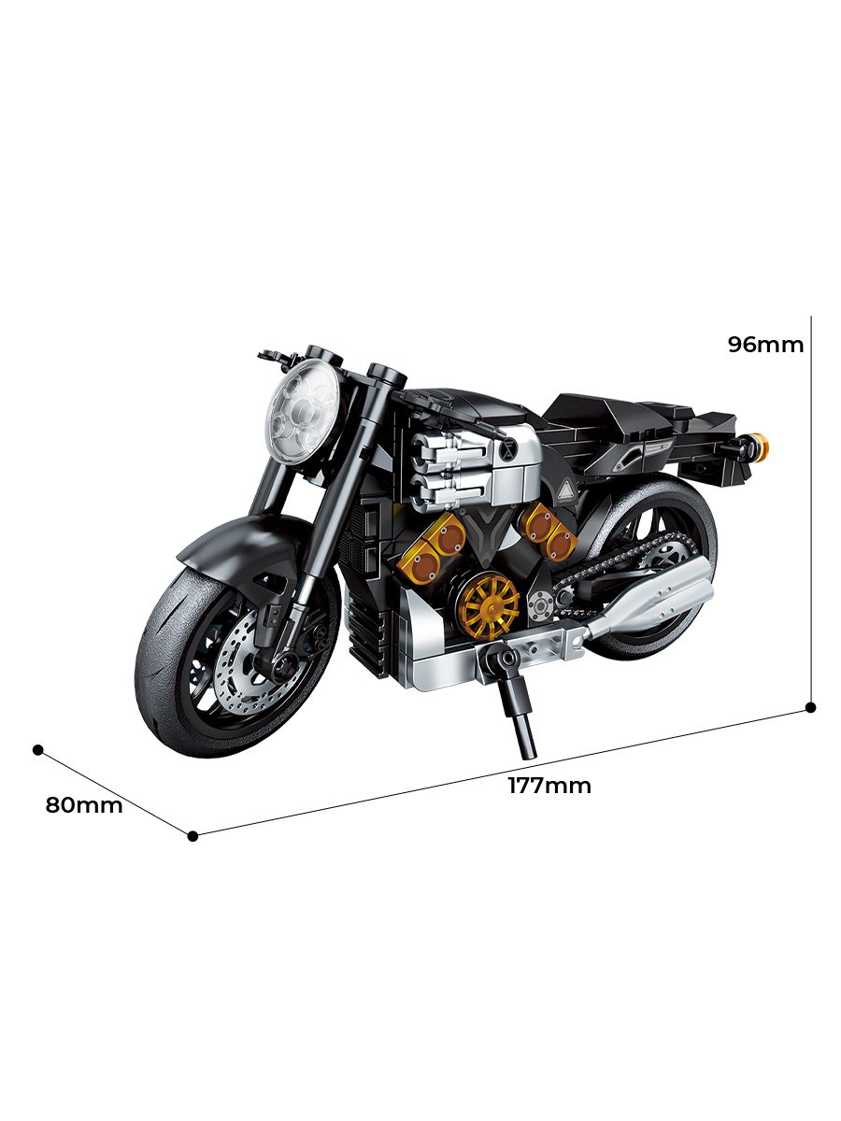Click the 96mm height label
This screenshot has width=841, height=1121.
pyautogui.click(x=765, y=345)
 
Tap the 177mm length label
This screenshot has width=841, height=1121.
pyautogui.click(x=549, y=786)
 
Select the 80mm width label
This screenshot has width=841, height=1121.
pyautogui.click(x=84, y=805)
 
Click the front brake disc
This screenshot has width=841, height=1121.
pyautogui.click(x=238, y=668)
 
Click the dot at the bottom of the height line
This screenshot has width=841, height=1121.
pyautogui.click(x=811, y=707)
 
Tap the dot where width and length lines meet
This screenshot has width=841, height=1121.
pyautogui.click(x=192, y=835)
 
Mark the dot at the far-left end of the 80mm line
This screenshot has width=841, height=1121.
pyautogui.click(x=38, y=749)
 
